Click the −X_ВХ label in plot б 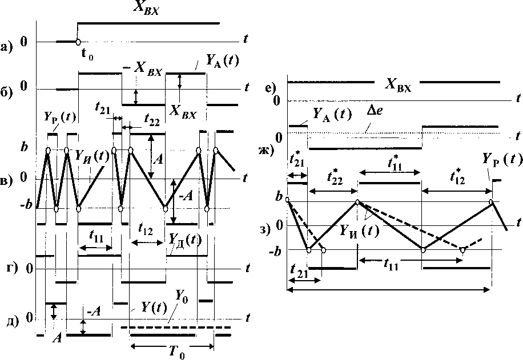143,72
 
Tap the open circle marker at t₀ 78,42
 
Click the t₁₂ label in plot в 147,230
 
